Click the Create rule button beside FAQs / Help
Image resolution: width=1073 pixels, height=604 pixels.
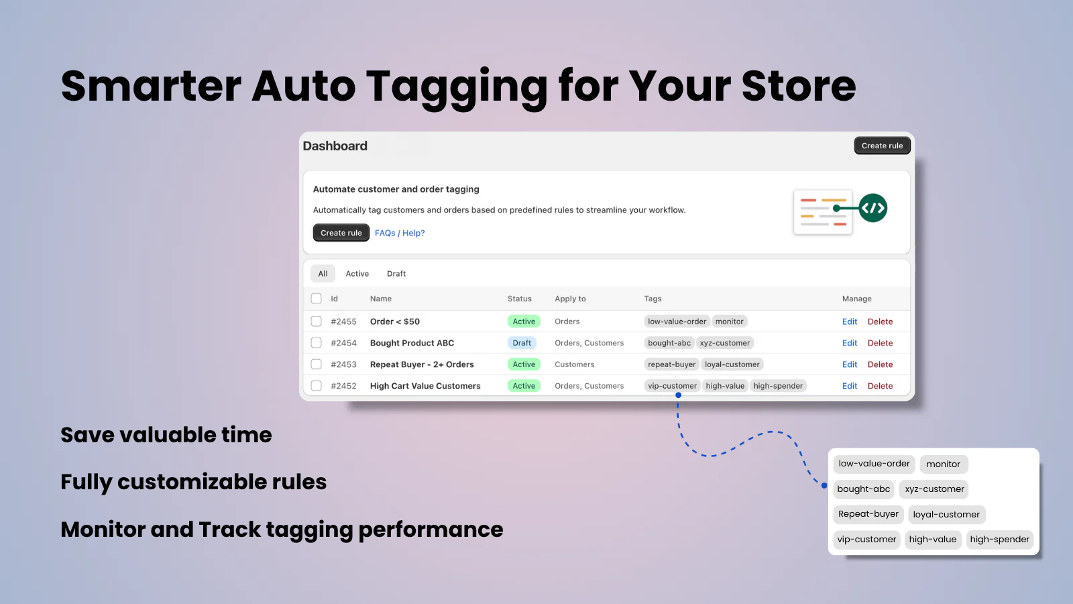click(x=341, y=233)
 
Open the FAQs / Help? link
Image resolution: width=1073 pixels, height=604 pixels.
click(x=400, y=233)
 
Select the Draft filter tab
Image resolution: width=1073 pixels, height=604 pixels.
click(x=396, y=274)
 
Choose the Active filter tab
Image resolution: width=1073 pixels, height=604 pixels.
click(x=357, y=274)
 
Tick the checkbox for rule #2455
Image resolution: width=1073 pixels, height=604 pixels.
click(x=317, y=321)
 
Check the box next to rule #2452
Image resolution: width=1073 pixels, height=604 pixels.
click(x=317, y=386)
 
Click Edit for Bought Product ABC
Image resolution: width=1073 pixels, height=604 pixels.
click(x=850, y=343)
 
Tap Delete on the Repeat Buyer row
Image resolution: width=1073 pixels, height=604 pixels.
click(x=880, y=364)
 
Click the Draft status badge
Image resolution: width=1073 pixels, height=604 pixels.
click(x=522, y=343)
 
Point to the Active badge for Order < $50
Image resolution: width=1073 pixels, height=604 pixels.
click(x=524, y=321)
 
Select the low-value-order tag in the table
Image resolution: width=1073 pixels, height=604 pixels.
click(x=677, y=321)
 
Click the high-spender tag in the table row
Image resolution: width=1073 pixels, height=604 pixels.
click(x=778, y=386)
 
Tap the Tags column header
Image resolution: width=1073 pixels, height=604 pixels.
click(x=653, y=299)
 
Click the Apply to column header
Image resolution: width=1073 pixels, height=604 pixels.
click(x=570, y=299)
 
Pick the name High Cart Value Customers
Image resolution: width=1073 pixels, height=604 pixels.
click(x=425, y=386)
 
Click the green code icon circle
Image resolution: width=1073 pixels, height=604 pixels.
click(x=872, y=208)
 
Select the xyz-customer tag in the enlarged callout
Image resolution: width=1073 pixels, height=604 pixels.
click(x=934, y=489)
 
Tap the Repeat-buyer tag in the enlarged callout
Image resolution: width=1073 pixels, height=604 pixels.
click(x=868, y=514)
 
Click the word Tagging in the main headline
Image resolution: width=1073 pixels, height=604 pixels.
click(x=457, y=87)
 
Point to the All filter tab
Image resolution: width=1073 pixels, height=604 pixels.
click(x=323, y=274)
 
